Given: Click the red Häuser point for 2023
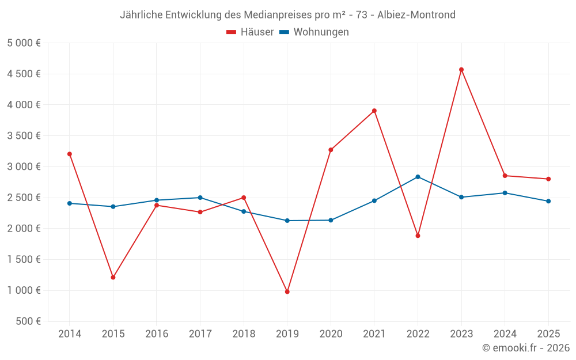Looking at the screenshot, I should pos(461,70).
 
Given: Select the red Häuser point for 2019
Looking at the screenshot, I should pos(287,291).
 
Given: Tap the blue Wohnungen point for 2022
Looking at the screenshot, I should pos(418,177).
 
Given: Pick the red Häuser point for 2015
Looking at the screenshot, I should pos(113,278).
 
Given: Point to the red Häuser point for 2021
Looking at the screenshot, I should pos(374,111).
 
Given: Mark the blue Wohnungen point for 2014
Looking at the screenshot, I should pos(70,203).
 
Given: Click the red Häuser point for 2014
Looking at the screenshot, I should pos(70,154).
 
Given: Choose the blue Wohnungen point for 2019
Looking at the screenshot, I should pos(287,221).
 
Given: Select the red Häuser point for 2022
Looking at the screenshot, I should pos(418,236).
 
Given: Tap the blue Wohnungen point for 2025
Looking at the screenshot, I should pos(548,201).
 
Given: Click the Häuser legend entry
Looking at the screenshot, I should pos(250,32).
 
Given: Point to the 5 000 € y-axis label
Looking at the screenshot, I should pos(24,43).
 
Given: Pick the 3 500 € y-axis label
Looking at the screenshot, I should pos(24,136).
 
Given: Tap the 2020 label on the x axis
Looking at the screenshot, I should pos(331,334).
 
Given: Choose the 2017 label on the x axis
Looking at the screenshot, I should pos(200,334).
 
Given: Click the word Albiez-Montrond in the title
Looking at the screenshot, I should pos(416,14).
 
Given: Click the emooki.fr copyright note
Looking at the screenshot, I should pos(526,348).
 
